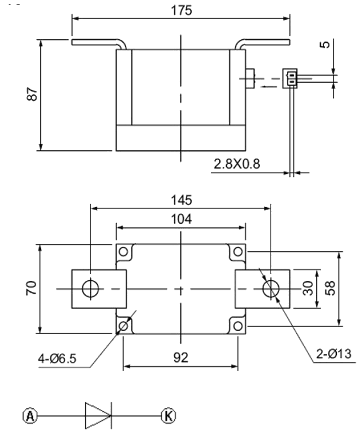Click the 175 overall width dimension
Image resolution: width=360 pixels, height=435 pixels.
181,11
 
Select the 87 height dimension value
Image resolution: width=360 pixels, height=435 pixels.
32,94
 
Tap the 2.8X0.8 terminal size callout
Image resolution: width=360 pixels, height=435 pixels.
237,164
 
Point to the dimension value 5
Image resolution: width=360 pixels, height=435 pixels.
325,44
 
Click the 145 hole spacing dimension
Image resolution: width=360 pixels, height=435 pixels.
181,200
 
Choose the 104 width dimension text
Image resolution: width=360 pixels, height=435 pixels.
181,219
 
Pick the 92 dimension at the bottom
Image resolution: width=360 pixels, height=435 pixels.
181,357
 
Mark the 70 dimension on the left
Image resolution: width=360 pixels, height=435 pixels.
31,288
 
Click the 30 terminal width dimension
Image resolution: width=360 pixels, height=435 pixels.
308,288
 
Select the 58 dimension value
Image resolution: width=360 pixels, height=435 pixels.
330,288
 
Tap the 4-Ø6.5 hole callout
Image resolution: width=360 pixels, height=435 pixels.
57,359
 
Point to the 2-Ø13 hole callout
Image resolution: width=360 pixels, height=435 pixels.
334,354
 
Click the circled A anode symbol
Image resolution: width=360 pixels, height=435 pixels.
30,416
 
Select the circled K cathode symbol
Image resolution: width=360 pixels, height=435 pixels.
168,416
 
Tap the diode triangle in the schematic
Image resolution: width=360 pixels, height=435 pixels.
98,415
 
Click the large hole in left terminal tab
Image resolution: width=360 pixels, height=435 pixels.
90,288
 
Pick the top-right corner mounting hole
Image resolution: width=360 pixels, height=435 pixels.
238,252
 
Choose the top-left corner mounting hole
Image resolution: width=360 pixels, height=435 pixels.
123,252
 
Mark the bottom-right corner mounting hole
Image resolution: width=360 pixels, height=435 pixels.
238,326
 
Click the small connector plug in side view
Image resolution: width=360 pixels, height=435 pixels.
290,79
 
